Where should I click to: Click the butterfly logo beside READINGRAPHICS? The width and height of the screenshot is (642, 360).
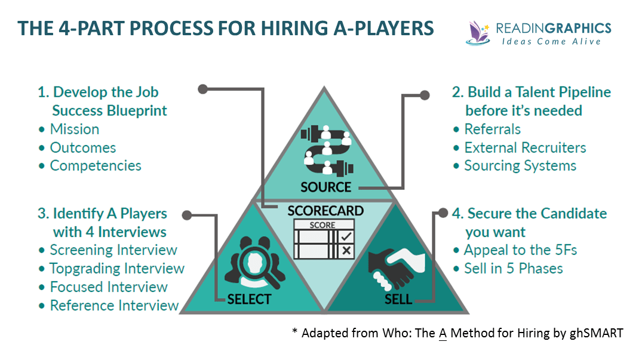tap(478, 32)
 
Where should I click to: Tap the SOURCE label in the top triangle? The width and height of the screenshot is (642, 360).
tap(325, 187)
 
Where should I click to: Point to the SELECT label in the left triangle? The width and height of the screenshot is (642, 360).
tap(249, 299)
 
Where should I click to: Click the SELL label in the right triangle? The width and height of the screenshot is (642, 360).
tap(398, 299)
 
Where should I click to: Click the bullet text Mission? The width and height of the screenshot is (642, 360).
tap(74, 130)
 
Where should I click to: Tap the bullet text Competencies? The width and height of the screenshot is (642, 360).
tap(96, 165)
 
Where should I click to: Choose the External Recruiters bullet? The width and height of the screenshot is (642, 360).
tap(525, 147)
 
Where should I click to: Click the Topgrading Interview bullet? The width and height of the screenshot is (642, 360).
tap(117, 269)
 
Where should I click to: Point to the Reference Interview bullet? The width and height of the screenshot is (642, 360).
tap(114, 306)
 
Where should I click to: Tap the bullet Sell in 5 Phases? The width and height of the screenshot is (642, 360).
tap(514, 269)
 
